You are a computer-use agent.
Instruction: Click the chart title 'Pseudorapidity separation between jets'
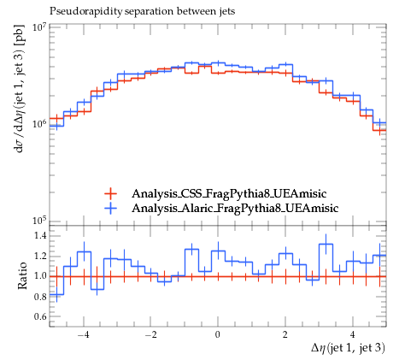coord(143,11)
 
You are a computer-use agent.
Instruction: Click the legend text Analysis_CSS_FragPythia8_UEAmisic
coord(229,194)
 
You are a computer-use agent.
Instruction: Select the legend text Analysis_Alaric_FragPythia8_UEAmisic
coord(235,208)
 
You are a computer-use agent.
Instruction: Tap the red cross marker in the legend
coord(110,194)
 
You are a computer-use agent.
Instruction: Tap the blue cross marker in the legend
coord(110,208)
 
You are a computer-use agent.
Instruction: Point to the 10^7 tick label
coord(39,27)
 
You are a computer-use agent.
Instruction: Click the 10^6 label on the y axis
coord(39,125)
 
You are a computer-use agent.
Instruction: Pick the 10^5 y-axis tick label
coord(39,221)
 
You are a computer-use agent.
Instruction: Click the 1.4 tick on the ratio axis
coord(40,236)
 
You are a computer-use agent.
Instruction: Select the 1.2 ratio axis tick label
coord(40,257)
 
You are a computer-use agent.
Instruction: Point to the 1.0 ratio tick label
coord(40,276)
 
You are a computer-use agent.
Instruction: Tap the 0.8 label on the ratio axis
coord(40,297)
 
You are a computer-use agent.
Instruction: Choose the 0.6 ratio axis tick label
coord(40,317)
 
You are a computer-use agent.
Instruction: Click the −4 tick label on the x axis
coord(83,335)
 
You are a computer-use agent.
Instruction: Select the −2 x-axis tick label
coord(150,335)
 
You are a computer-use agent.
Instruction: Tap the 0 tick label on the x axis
coord(218,335)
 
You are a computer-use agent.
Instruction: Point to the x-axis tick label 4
coord(353,335)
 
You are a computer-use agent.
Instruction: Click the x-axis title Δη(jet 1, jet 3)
coord(348,348)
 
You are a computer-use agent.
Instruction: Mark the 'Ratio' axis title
coord(22,275)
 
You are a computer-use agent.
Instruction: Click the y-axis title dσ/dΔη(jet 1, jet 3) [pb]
coord(21,89)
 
